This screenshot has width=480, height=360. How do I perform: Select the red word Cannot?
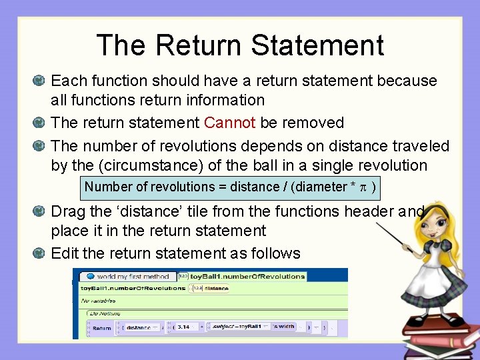pyautogui.click(x=229, y=123)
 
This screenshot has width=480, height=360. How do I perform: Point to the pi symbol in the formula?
pyautogui.click(x=363, y=187)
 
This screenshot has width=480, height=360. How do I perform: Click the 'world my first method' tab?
pyautogui.click(x=127, y=276)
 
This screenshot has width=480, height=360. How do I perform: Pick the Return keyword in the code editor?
pyautogui.click(x=101, y=328)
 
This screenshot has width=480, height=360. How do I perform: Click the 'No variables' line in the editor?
pyautogui.click(x=98, y=301)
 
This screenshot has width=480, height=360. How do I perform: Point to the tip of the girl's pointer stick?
pyautogui.click(x=377, y=225)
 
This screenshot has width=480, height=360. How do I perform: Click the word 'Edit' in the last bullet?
pyautogui.click(x=65, y=254)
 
